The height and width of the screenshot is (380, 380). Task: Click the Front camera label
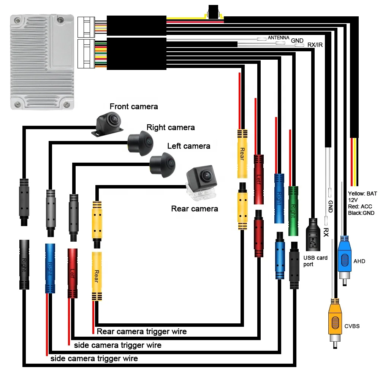point(133,106)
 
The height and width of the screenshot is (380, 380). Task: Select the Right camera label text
point(171,127)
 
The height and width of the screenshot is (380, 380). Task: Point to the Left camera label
point(189,146)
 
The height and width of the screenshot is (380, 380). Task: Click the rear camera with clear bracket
point(202,182)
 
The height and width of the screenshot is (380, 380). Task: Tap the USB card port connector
point(313,234)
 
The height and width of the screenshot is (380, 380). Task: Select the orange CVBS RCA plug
point(335,323)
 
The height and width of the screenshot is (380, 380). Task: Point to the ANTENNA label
point(279,38)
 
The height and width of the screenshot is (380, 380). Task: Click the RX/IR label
point(315,45)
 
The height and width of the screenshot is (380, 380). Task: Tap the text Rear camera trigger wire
point(142,331)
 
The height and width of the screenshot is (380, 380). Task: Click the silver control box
point(42,62)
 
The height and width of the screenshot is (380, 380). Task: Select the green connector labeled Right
point(293,211)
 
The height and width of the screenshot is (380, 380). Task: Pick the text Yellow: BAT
point(362,194)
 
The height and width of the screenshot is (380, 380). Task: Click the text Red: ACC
point(360,206)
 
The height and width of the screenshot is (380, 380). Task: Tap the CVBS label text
point(352,326)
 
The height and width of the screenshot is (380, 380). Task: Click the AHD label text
point(359,261)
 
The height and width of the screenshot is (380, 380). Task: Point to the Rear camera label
point(195,209)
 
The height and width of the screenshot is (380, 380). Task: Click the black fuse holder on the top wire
point(213,12)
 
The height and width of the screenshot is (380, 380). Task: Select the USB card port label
point(315,261)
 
